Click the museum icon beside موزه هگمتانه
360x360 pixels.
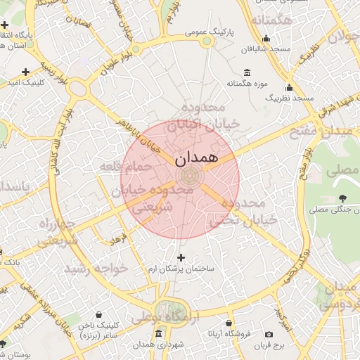tap(247, 73)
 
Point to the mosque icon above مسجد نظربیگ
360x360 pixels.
tap(289, 88)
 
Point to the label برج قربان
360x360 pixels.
tap(269, 345)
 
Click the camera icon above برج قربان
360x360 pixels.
tap(269, 334)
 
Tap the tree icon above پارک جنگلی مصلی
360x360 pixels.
tap(342, 198)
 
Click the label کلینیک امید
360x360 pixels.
tap(26, 84)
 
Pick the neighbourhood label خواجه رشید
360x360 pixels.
tap(90, 268)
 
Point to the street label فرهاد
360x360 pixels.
tap(117, 240)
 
